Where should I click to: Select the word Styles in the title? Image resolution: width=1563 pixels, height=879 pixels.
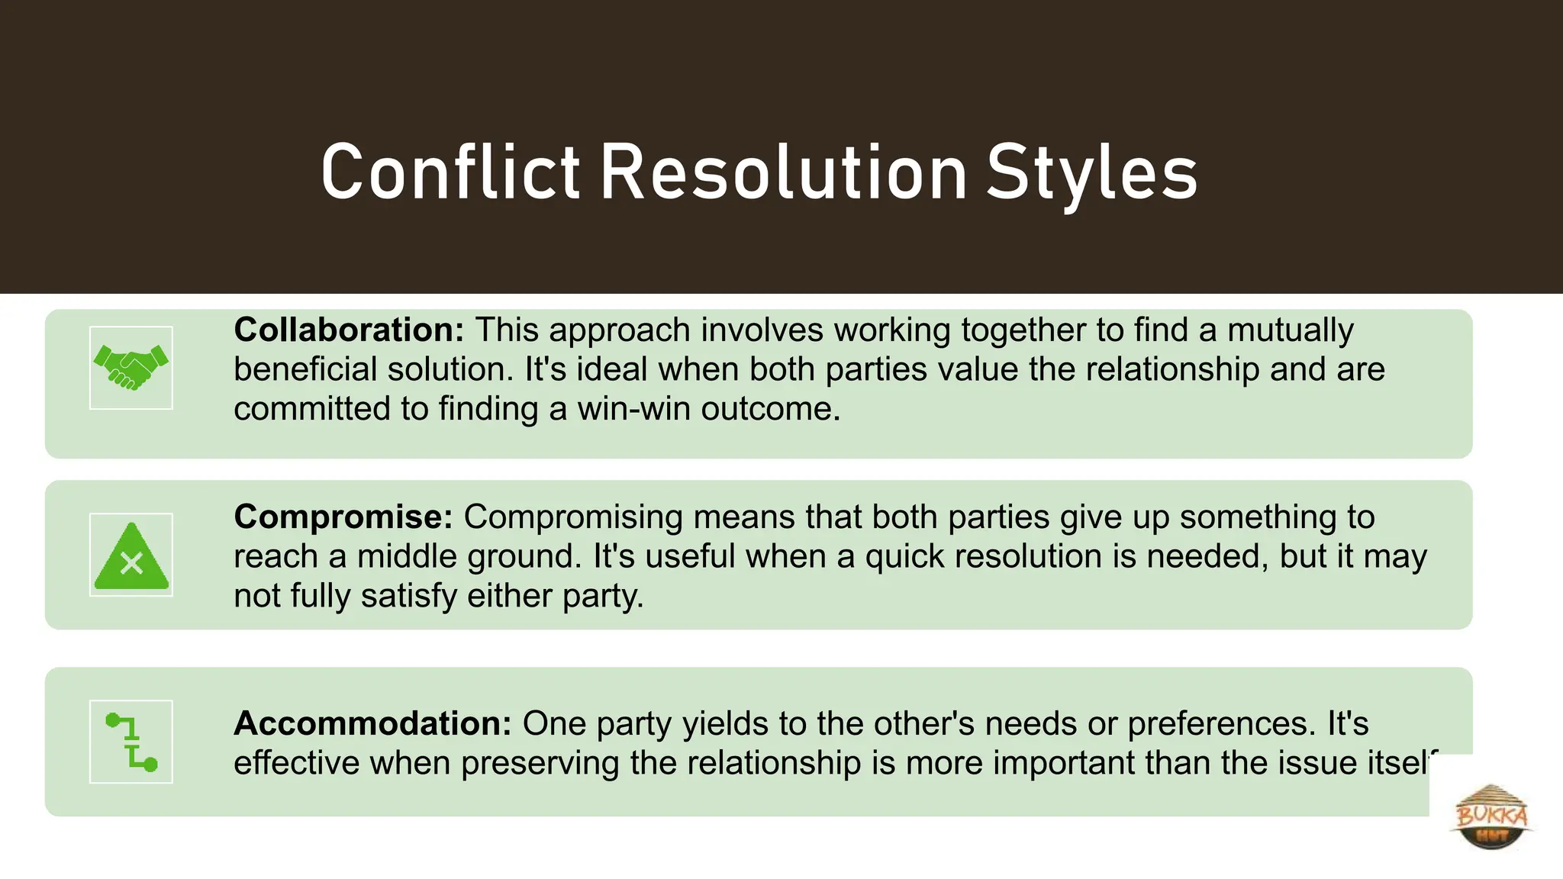[x=1091, y=174]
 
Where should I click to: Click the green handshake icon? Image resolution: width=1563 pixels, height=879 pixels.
[x=131, y=368]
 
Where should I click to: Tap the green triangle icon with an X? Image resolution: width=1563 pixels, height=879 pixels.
[x=131, y=555]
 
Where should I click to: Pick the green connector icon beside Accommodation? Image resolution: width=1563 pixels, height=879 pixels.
[x=131, y=742]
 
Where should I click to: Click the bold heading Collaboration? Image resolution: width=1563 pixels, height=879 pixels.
[x=349, y=330]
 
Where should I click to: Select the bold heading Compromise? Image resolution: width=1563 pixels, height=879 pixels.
[x=343, y=517]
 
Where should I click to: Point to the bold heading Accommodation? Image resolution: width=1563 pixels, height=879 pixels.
[x=372, y=723]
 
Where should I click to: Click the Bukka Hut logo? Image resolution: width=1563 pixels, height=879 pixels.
[x=1491, y=816]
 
